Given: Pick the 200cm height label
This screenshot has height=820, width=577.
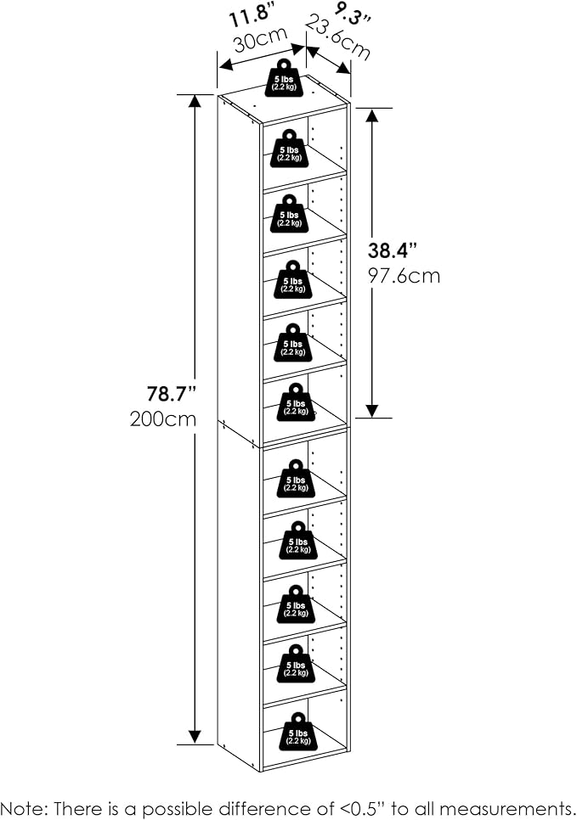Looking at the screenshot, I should coord(164,418).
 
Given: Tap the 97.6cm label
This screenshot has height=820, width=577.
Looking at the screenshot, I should coord(404,276).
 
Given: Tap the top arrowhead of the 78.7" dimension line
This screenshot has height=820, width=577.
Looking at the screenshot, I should coord(195,100).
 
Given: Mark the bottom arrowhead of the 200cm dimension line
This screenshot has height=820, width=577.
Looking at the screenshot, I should coord(195,738).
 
